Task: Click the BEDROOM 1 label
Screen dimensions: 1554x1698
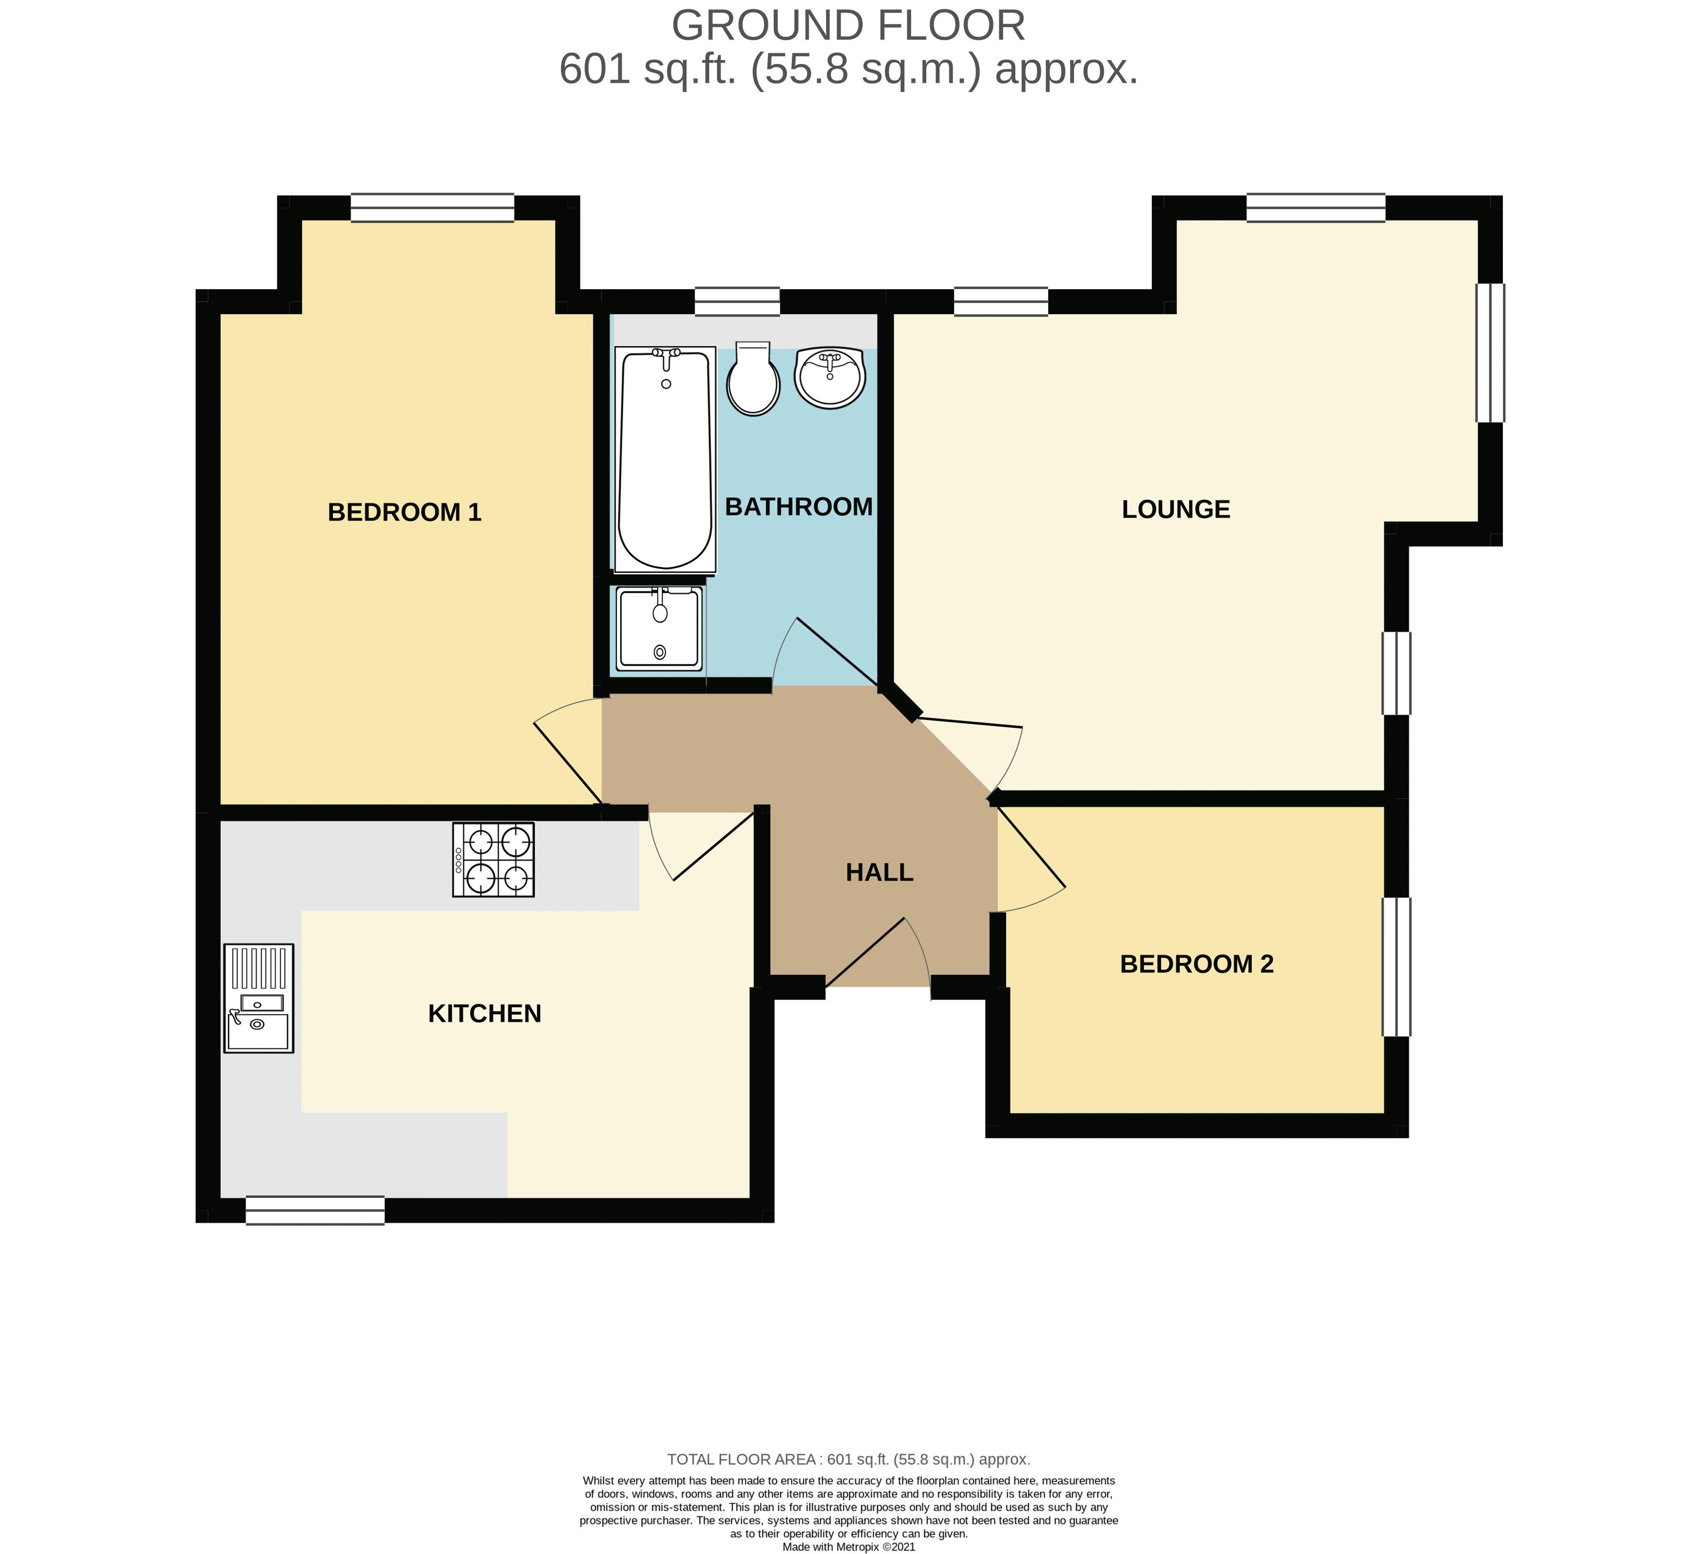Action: (404, 512)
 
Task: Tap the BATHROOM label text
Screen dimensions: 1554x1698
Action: (798, 507)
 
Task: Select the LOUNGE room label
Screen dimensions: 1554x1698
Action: (1176, 509)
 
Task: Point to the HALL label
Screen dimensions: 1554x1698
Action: (879, 873)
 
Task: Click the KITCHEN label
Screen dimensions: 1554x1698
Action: (484, 1013)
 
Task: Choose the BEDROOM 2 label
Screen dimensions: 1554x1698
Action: (1196, 964)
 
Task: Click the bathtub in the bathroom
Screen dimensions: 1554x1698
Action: (665, 459)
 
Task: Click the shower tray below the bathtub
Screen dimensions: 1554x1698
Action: (659, 629)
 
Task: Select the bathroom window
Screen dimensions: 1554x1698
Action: (737, 302)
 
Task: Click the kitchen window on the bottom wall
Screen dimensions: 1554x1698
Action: (315, 1210)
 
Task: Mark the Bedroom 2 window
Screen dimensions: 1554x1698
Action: (1395, 967)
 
